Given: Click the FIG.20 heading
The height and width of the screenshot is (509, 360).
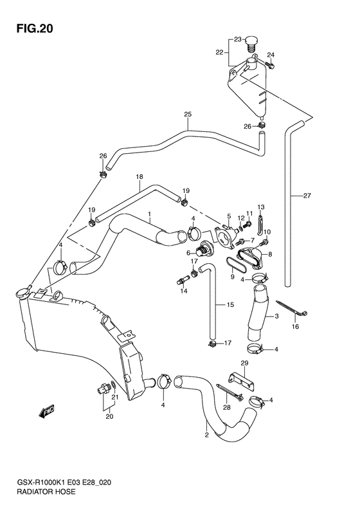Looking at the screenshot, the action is pos(34,29).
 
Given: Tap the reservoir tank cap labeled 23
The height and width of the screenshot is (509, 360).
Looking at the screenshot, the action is pos(250,43).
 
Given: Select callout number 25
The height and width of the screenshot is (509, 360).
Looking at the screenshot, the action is pos(188,115).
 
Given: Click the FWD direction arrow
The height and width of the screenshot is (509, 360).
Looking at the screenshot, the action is pos(46,411).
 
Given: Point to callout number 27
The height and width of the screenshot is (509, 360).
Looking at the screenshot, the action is pos(307,196).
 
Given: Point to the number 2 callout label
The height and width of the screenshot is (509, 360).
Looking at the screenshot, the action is pos(206,435).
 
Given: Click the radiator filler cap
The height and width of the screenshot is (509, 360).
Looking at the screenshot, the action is pos(22,293).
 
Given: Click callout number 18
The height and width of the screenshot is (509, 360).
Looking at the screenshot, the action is pos(139,177).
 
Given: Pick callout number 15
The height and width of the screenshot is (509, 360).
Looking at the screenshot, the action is pos(230,304).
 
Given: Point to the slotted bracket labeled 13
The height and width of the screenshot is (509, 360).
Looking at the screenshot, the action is pos(260,224).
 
